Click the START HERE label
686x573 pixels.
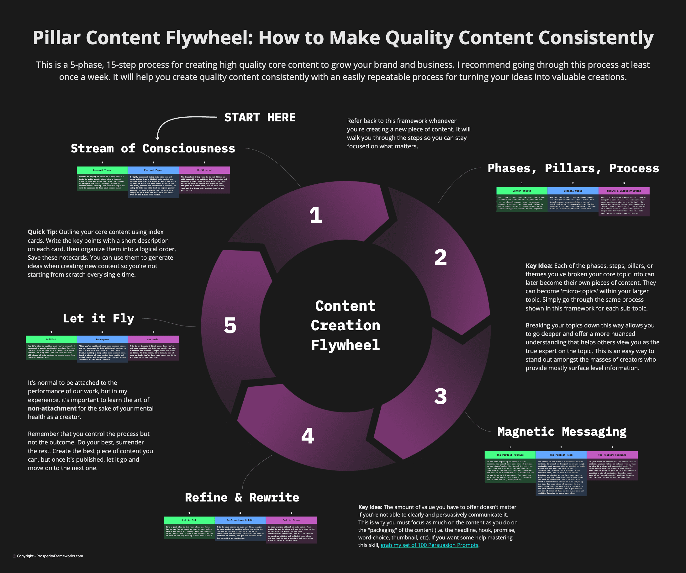tap(260, 117)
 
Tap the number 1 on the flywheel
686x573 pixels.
tap(315, 215)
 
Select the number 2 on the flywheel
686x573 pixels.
tap(440, 257)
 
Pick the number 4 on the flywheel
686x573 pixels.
tap(307, 436)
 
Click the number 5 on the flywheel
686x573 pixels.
tap(230, 325)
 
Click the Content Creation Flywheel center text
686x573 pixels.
tap(345, 325)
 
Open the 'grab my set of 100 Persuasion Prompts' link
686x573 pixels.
tap(429, 545)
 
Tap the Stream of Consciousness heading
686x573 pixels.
tap(153, 148)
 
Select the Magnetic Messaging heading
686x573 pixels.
tap(562, 432)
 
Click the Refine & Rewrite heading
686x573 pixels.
tap(242, 497)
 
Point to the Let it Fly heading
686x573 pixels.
tap(98, 318)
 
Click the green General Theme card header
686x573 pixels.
tap(102, 170)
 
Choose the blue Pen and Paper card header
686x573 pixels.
tap(153, 170)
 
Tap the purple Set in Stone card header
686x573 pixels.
tap(291, 520)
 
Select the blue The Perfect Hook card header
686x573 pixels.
tap(561, 455)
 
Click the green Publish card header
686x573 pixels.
tap(51, 339)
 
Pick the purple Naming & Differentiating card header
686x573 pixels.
tap(624, 191)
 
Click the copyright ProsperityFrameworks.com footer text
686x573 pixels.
tap(50, 556)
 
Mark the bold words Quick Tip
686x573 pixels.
tap(42, 232)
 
